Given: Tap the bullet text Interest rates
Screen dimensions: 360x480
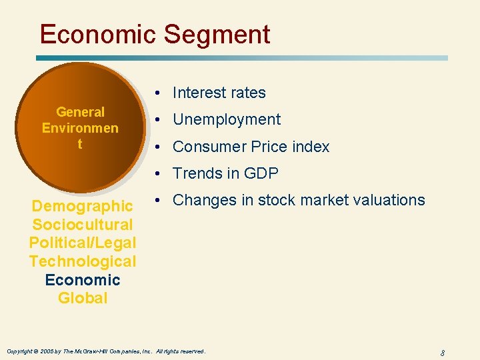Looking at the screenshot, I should (x=219, y=93).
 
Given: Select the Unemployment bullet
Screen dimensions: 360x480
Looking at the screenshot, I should (x=227, y=120).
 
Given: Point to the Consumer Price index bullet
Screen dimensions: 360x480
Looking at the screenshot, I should (x=251, y=147).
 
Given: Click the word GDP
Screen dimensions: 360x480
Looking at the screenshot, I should (x=261, y=173).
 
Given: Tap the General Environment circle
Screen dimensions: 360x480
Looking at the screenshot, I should (x=80, y=127).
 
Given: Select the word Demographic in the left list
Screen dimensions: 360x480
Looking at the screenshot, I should (x=83, y=206).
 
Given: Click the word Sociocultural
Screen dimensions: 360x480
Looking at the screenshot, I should (x=83, y=225).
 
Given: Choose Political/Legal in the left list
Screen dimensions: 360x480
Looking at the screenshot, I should (x=83, y=243).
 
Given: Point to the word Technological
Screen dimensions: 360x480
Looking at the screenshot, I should (x=83, y=261).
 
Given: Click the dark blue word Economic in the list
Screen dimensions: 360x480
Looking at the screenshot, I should (x=83, y=280).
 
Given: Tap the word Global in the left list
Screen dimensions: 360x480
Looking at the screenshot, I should (x=83, y=298).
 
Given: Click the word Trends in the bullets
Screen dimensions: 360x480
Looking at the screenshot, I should (x=195, y=173).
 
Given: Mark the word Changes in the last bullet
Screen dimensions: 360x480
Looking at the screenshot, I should (x=200, y=200).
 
